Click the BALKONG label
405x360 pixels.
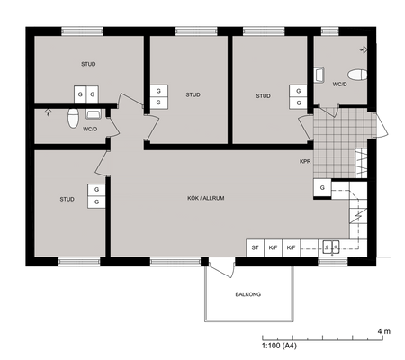click(x=248, y=294)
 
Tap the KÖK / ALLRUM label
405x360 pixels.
click(x=206, y=198)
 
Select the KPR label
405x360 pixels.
click(x=305, y=161)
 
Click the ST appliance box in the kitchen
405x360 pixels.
click(x=255, y=247)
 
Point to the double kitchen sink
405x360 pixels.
click(x=331, y=247)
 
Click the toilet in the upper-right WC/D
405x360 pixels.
click(x=357, y=75)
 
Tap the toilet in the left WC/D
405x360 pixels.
click(x=73, y=118)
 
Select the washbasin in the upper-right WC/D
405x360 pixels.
click(x=319, y=75)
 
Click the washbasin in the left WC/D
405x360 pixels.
click(x=94, y=113)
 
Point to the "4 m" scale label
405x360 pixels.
click(x=384, y=331)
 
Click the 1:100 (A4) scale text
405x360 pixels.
click(x=279, y=346)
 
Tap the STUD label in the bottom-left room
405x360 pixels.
click(x=67, y=199)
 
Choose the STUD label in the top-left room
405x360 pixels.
click(x=88, y=64)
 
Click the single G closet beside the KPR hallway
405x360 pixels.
click(x=322, y=188)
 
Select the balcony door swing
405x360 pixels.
click(x=221, y=267)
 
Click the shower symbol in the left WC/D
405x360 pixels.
click(x=48, y=112)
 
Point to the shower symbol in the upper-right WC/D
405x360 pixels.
click(x=364, y=49)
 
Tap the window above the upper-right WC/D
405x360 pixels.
click(x=330, y=31)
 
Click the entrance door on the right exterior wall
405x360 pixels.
click(x=380, y=125)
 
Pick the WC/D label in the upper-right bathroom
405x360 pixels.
click(x=339, y=85)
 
